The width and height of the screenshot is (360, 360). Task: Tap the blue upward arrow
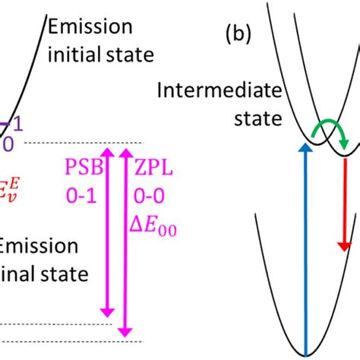point(305,251)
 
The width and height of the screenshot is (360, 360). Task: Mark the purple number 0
point(8,142)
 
